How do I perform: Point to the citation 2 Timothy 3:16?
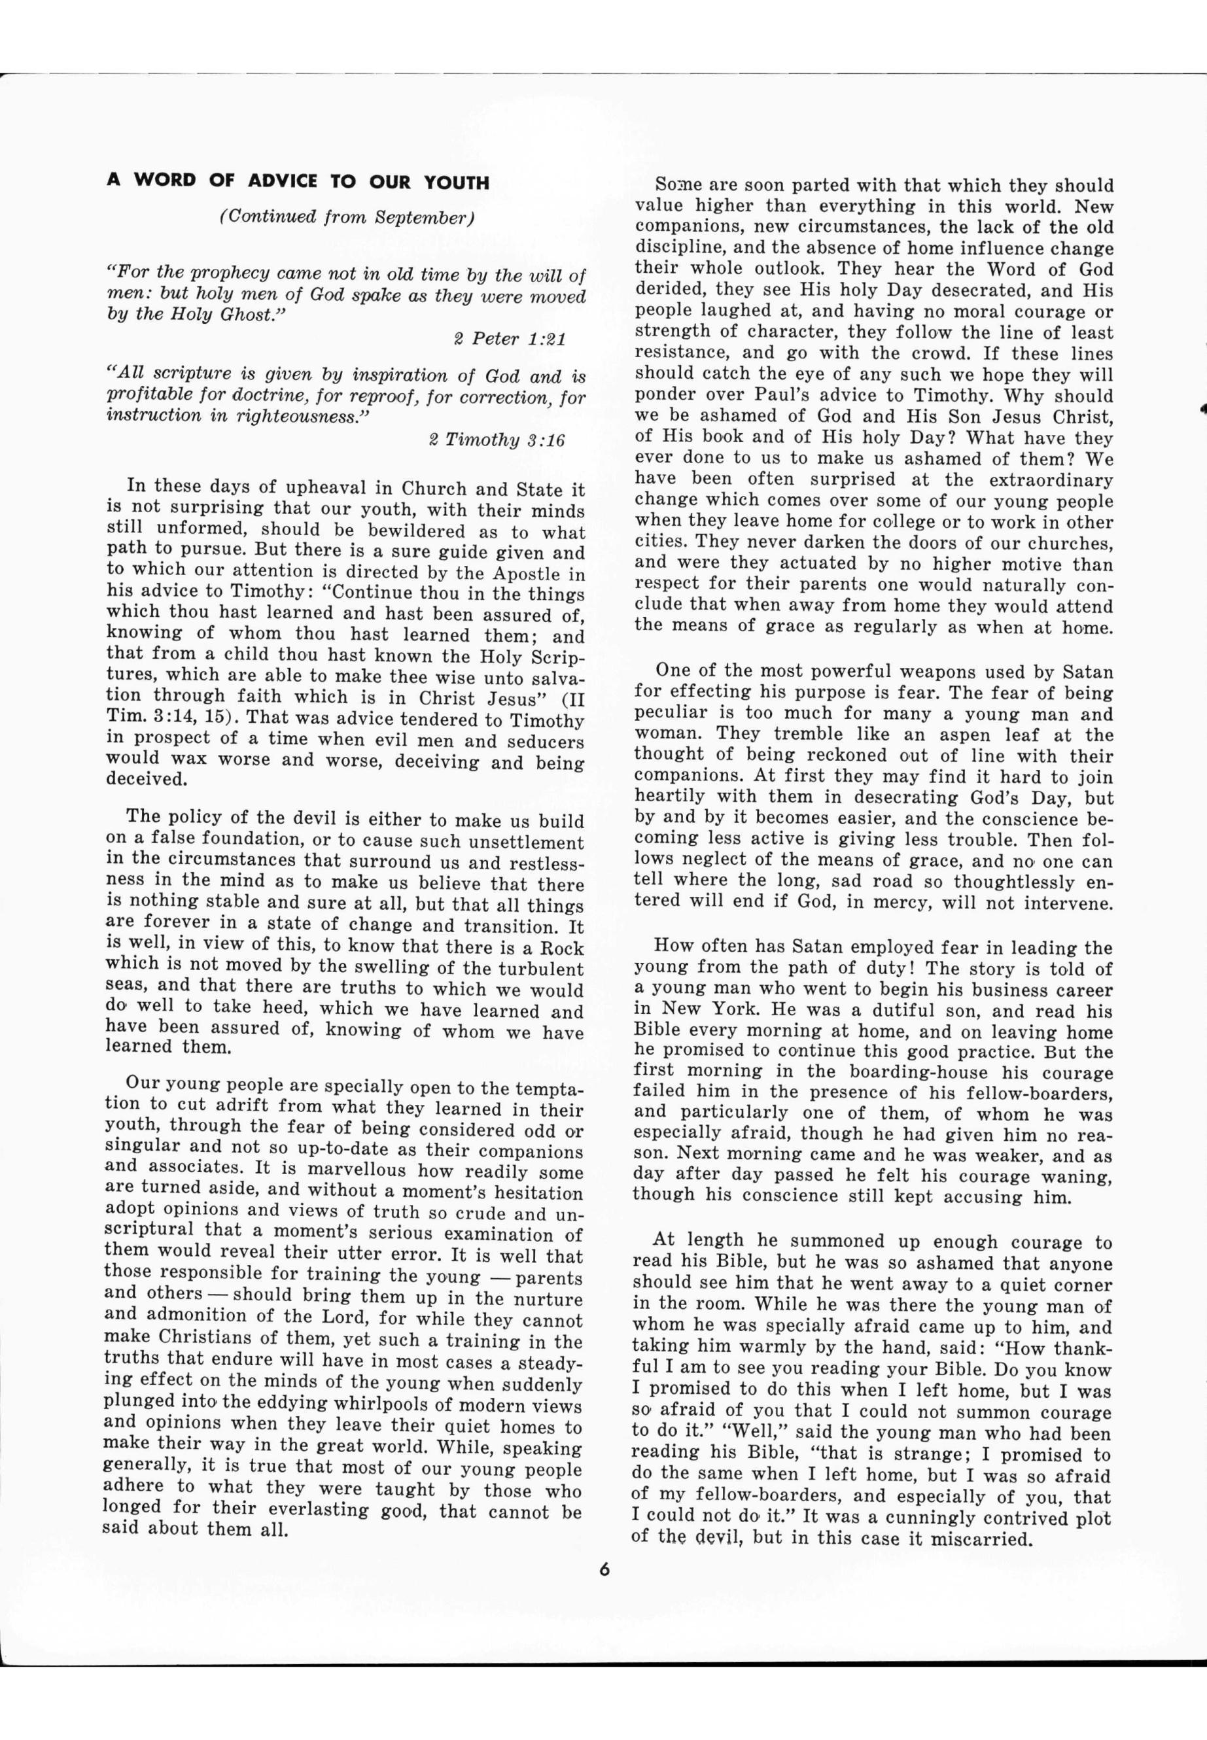[x=496, y=440]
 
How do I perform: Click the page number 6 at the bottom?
[x=604, y=1569]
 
